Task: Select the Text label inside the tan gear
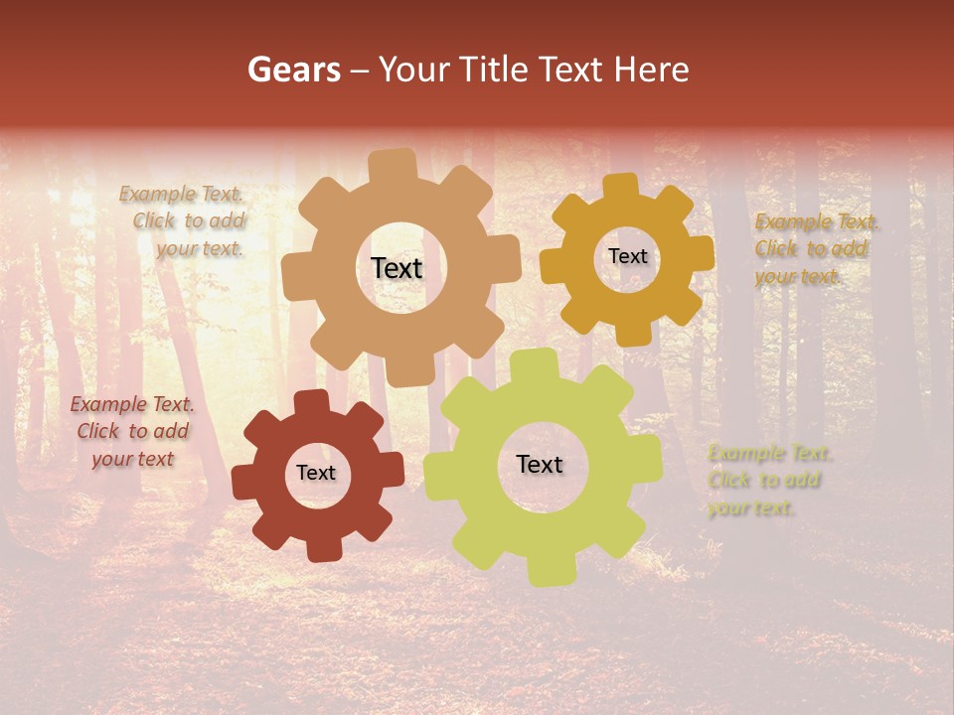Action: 397,268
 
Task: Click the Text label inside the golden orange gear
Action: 627,256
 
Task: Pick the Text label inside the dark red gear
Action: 316,473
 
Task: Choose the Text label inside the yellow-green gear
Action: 540,464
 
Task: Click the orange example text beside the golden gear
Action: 815,249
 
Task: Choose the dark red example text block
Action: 132,431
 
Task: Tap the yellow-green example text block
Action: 767,481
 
